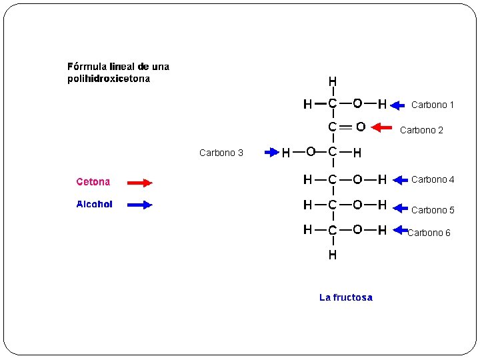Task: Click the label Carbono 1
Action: click(433, 105)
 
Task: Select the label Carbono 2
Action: click(421, 130)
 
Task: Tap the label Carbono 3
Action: click(221, 153)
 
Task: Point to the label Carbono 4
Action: click(433, 179)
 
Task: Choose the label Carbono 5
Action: click(433, 210)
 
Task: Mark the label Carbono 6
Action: click(429, 233)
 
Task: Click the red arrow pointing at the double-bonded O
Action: click(381, 127)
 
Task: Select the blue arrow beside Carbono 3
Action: click(271, 153)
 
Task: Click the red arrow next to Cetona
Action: click(140, 182)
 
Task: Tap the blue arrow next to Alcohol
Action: click(140, 205)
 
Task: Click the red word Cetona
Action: click(93, 181)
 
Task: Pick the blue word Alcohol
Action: click(94, 204)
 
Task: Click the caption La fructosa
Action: click(346, 297)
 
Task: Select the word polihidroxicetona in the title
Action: click(109, 79)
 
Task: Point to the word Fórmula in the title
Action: click(87, 67)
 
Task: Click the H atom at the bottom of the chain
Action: click(332, 255)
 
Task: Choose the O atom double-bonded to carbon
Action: click(360, 127)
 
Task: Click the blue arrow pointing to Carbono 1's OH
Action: click(398, 105)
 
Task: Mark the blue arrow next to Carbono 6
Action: click(400, 231)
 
